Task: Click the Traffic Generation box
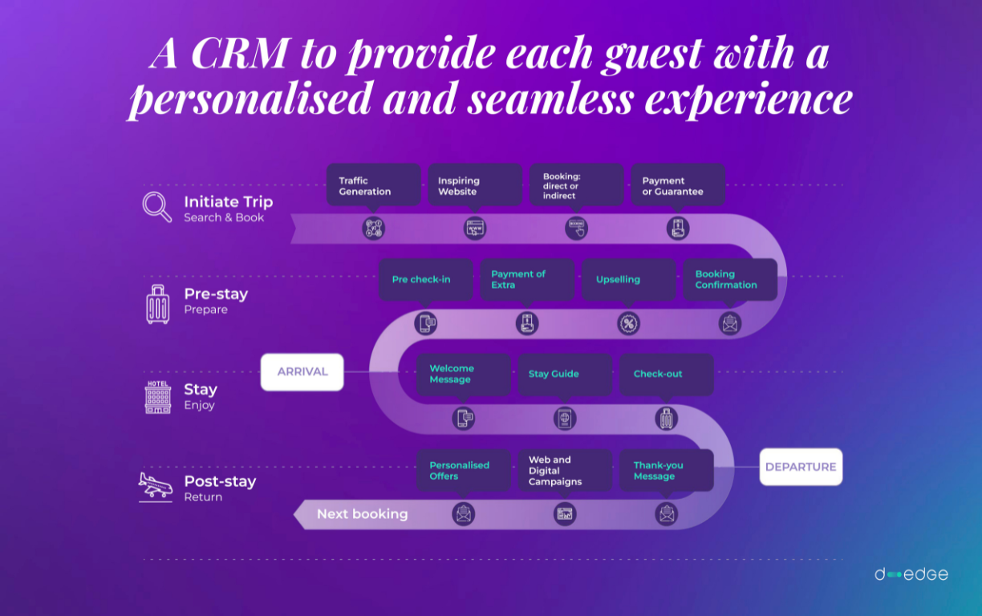[373, 185]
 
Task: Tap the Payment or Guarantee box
[678, 185]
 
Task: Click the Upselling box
[628, 279]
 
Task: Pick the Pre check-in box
[425, 279]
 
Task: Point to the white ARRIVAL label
[302, 372]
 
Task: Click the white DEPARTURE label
[801, 467]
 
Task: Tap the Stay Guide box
[564, 374]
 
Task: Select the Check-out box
[666, 374]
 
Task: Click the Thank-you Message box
[666, 470]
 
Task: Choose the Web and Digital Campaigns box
[564, 470]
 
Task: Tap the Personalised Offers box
[463, 470]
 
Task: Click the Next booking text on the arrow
[363, 514]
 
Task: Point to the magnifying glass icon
[157, 206]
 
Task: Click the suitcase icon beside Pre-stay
[158, 304]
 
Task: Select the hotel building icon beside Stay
[158, 397]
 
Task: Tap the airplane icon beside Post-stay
[156, 486]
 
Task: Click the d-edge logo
[911, 574]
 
